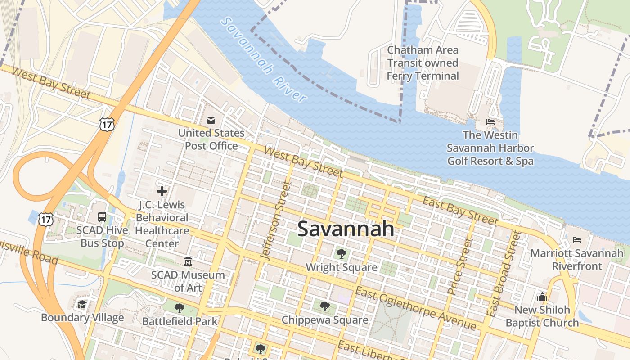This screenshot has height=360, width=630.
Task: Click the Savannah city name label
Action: click(346, 229)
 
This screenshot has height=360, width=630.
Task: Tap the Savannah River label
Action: click(265, 59)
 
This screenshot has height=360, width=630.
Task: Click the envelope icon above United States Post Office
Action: click(211, 120)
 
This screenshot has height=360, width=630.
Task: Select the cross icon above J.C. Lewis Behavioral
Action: click(162, 191)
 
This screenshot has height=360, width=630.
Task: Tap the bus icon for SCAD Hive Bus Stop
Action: click(102, 217)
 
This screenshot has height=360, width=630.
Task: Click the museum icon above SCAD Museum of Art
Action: click(188, 261)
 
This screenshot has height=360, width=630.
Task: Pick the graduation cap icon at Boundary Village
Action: click(81, 305)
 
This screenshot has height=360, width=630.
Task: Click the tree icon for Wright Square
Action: click(341, 254)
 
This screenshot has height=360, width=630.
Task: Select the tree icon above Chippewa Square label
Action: click(324, 306)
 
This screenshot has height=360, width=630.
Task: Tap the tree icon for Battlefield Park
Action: click(180, 308)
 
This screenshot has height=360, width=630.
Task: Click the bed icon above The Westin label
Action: click(490, 121)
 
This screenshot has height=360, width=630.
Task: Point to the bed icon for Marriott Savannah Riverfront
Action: click(577, 240)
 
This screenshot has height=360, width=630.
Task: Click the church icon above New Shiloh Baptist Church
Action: click(542, 297)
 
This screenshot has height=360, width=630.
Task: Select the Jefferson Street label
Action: click(275, 220)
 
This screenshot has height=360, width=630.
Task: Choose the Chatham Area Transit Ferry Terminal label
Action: click(423, 63)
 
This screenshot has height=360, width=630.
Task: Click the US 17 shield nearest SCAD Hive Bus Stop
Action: click(46, 219)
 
